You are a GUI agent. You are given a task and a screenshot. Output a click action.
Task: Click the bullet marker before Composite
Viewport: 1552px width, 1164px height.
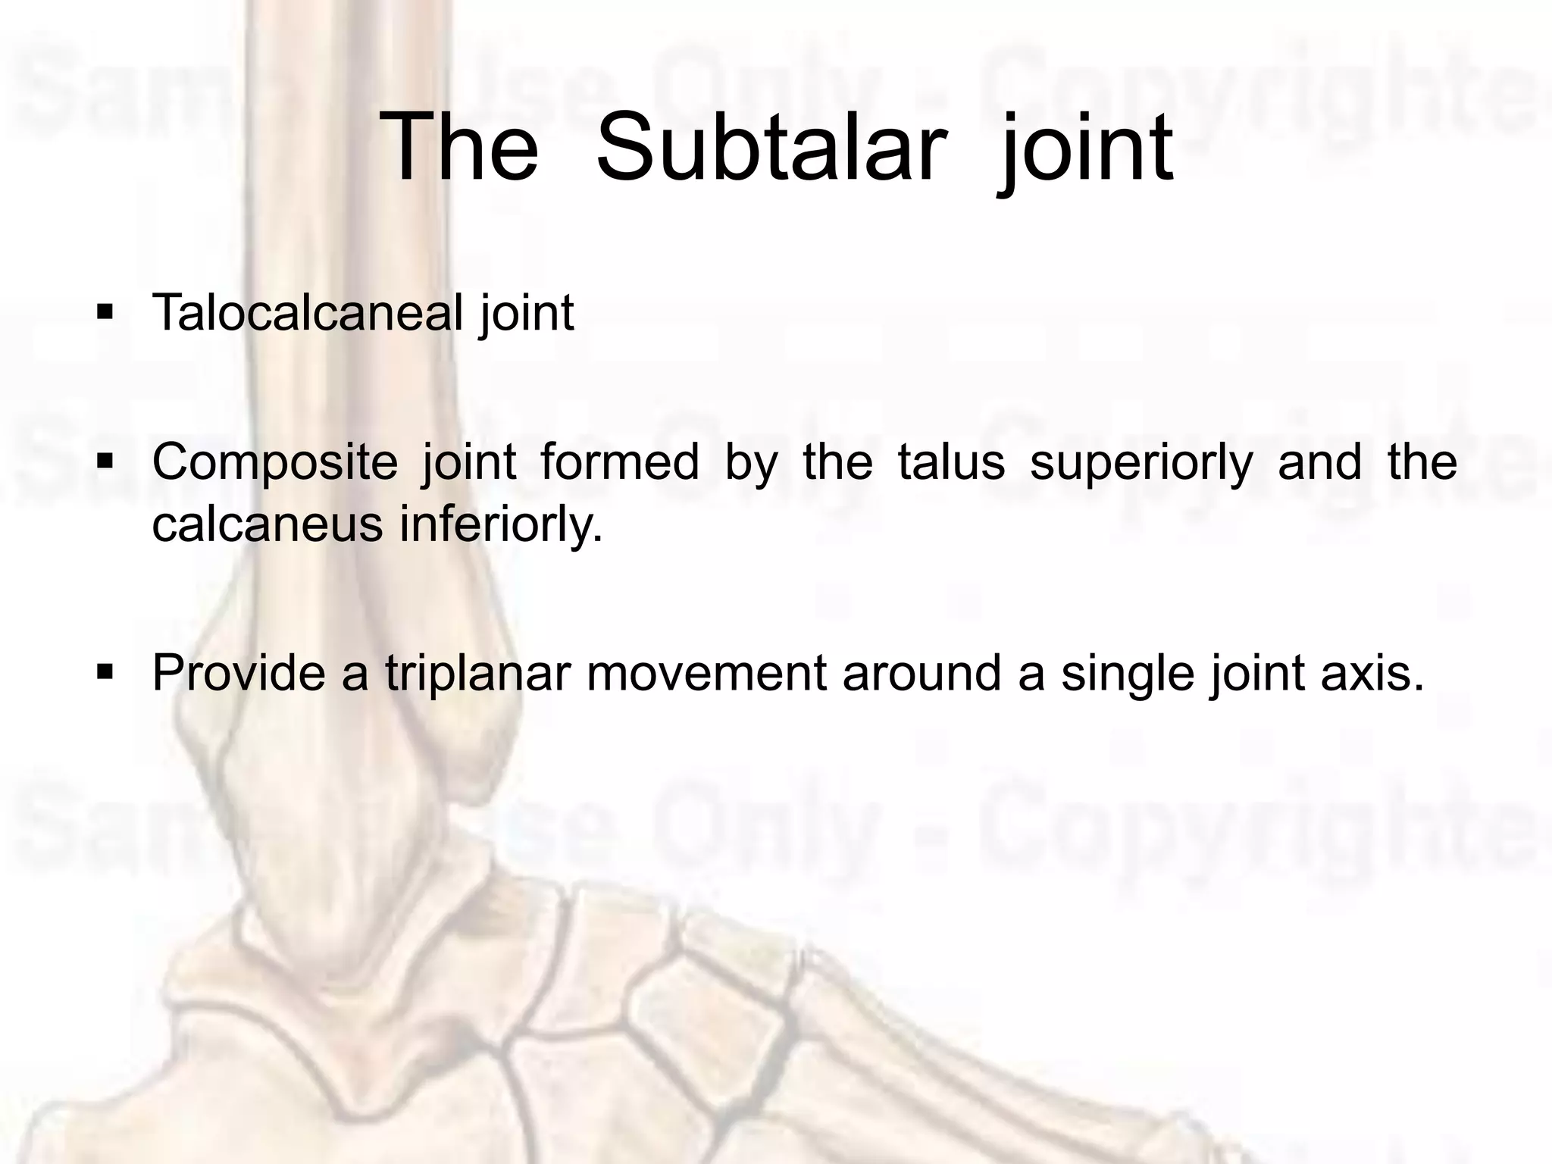click(x=105, y=461)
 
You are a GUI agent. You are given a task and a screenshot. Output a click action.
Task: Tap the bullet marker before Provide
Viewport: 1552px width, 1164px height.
click(x=105, y=671)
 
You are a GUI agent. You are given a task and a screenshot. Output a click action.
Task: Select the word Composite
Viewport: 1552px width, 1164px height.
click(x=274, y=462)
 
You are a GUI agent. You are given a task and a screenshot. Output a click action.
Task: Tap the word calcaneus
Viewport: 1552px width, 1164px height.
click(x=267, y=524)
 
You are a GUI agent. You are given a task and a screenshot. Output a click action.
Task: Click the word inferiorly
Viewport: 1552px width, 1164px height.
click(x=502, y=524)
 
